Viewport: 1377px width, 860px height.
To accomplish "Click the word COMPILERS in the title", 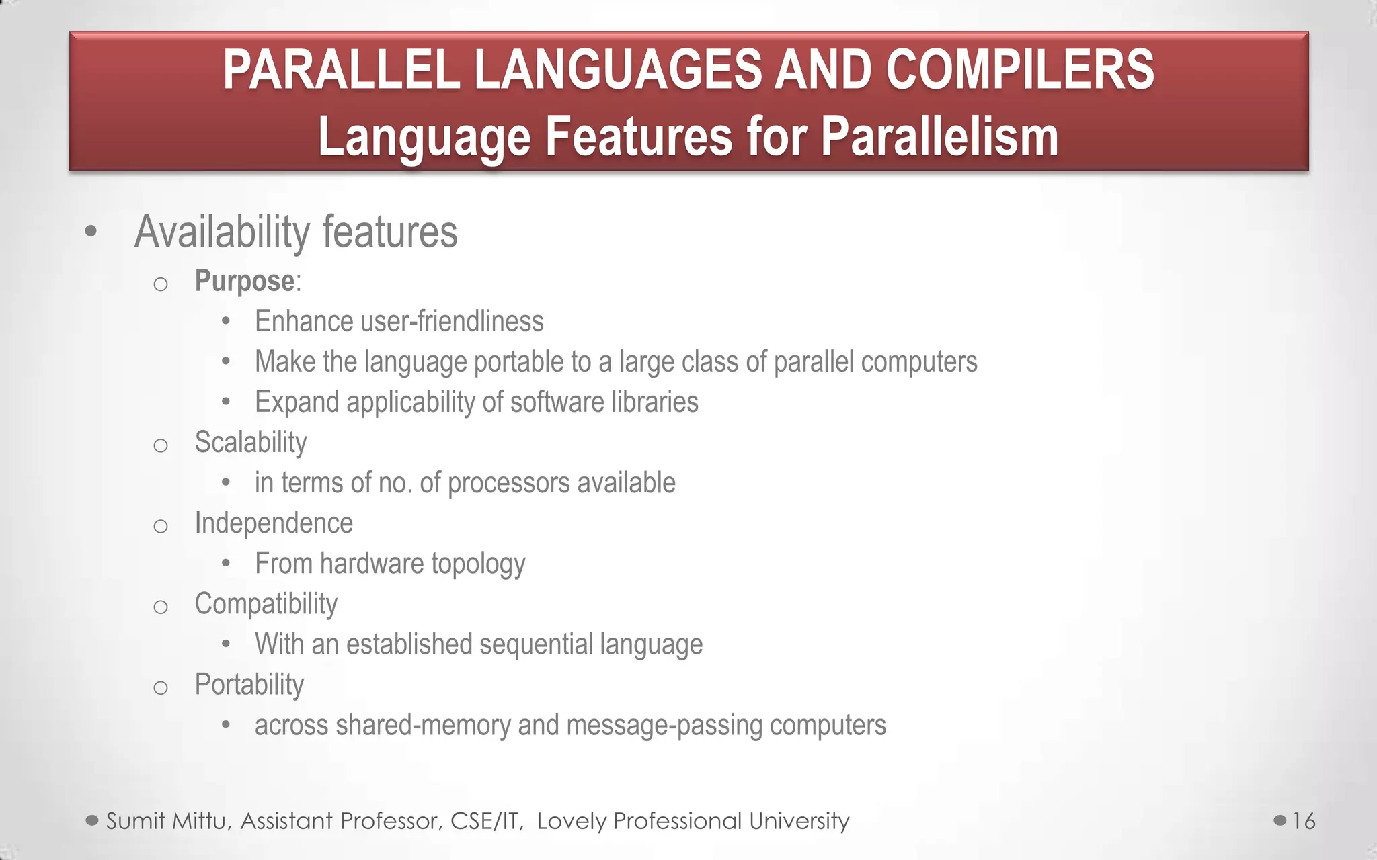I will [x=1019, y=70].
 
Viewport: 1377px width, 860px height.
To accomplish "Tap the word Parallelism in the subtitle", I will [x=939, y=137].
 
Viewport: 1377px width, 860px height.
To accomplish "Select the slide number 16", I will [x=1304, y=821].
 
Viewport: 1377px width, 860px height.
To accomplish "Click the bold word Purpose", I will [x=244, y=281].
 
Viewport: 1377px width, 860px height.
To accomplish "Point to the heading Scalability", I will [x=251, y=442].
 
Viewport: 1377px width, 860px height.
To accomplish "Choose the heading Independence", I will [x=274, y=523].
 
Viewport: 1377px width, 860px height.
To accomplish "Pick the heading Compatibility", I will [x=266, y=603].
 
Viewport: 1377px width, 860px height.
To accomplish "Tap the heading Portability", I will [x=249, y=685].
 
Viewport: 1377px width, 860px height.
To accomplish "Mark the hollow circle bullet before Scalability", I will [x=160, y=445].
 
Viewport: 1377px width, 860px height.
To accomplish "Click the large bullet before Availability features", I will [x=91, y=232].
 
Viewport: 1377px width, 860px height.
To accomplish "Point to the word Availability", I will [x=222, y=232].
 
